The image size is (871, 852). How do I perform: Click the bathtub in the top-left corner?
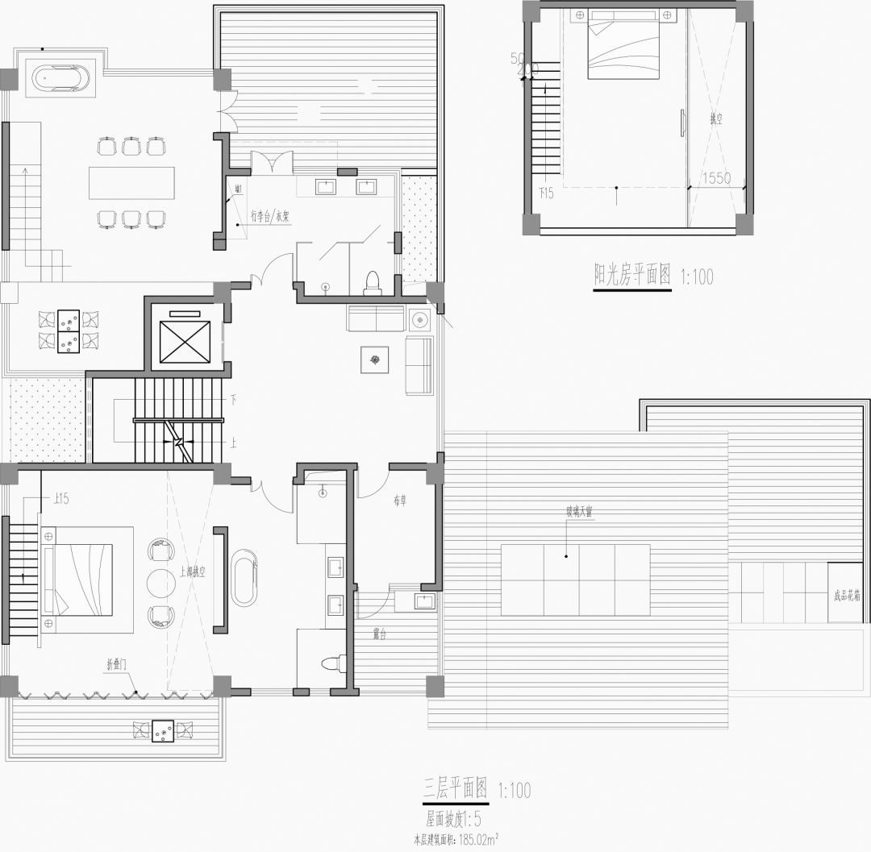60,80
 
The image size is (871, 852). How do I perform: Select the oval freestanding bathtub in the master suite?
244,577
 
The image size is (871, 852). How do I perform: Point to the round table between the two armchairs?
160,582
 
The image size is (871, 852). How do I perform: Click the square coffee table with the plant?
374,360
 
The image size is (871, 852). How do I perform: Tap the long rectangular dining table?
131,182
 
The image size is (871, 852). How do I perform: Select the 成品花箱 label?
848,597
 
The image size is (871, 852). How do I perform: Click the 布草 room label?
401,501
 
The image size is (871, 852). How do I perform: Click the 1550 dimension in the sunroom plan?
715,178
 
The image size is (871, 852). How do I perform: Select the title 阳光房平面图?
632,276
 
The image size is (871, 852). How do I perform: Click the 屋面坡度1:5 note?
453,821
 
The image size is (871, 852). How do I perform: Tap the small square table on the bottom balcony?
164,729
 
